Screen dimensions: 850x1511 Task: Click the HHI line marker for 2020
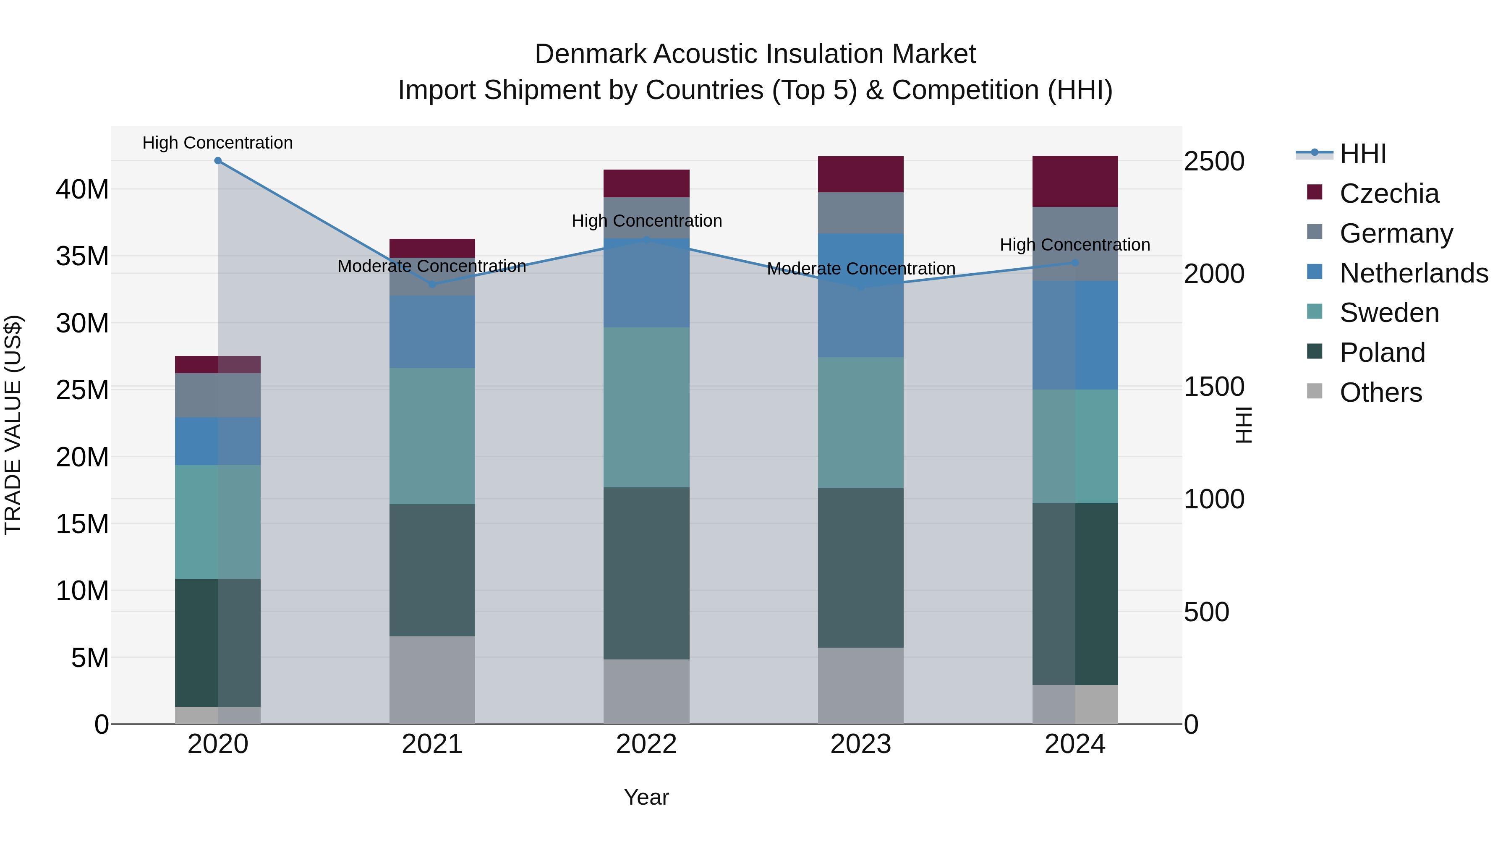click(217, 161)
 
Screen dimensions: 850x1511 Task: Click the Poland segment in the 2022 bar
click(646, 573)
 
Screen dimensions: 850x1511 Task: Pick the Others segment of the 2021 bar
click(432, 680)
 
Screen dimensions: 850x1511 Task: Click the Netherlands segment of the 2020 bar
click(217, 441)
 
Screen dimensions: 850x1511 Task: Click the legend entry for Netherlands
click(1414, 273)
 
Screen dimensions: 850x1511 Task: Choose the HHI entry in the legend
click(1362, 154)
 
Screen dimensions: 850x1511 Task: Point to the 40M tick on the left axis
click(82, 189)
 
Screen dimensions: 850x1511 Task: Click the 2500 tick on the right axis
click(1213, 161)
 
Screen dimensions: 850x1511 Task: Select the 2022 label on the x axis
click(646, 744)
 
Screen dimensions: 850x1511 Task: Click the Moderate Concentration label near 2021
click(432, 266)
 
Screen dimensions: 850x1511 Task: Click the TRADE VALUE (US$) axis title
click(13, 425)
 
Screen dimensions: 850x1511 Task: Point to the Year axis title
click(646, 797)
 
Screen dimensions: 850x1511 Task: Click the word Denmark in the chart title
click(590, 54)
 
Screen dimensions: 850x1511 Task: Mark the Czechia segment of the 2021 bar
click(432, 248)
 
